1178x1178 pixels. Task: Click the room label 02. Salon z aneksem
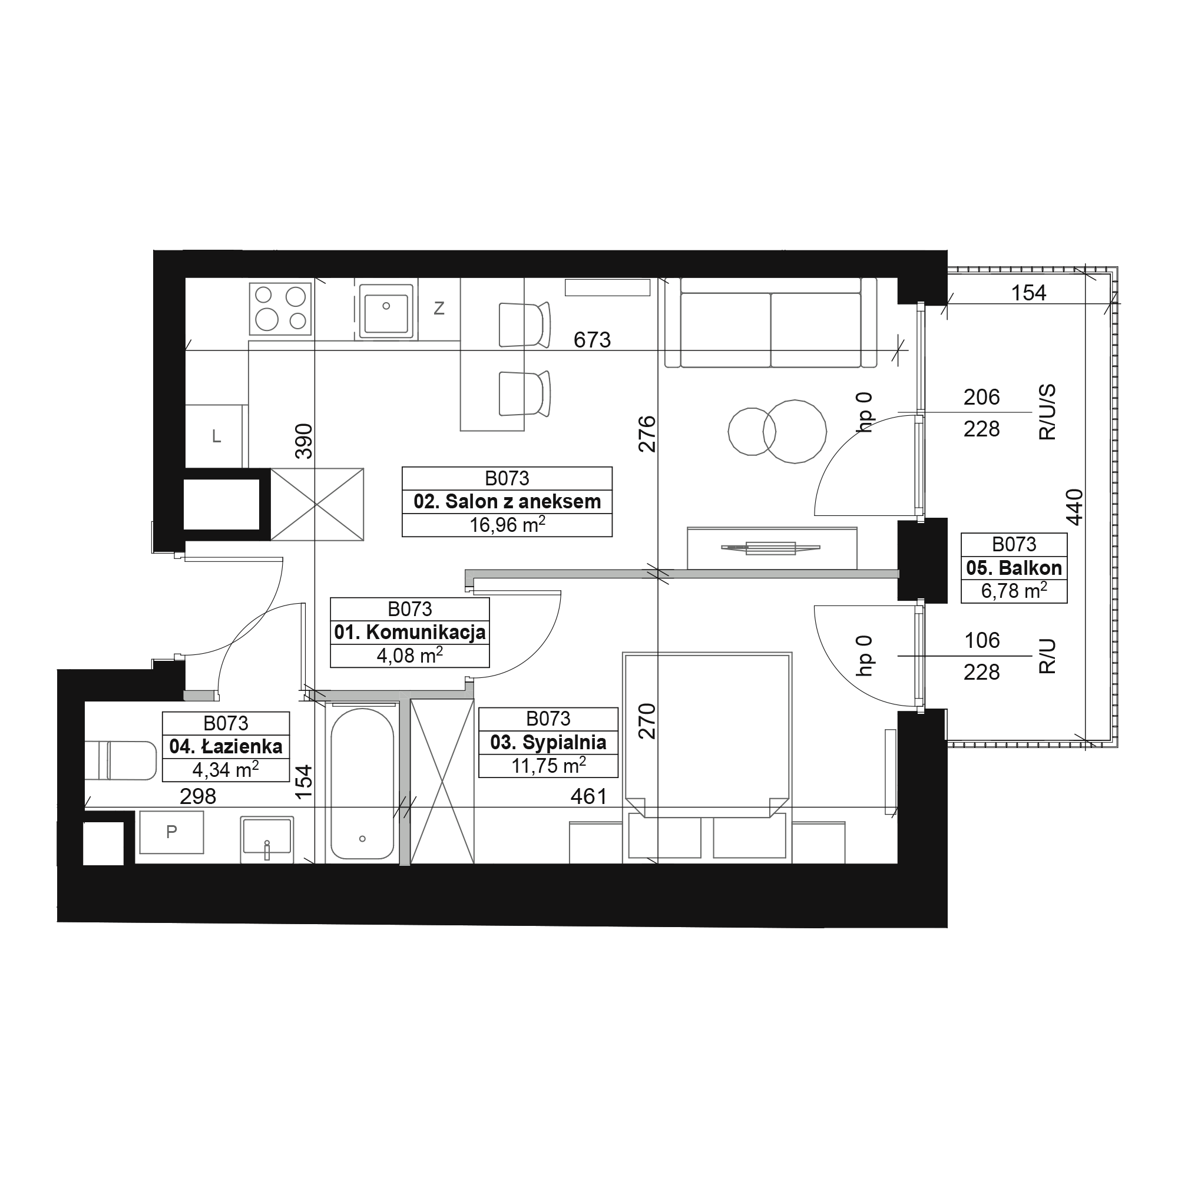pos(507,502)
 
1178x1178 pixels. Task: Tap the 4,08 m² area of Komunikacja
pos(410,656)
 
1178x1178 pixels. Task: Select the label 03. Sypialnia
pos(548,742)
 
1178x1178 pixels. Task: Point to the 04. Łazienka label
pos(226,746)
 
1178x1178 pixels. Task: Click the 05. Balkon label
pos(1014,568)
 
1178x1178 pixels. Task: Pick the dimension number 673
pos(592,340)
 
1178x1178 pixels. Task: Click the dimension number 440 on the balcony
pos(1074,507)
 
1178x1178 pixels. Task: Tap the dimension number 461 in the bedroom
pos(588,796)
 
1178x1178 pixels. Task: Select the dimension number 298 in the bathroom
pos(198,796)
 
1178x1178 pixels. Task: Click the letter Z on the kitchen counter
pos(439,309)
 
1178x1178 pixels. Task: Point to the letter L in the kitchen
pos(216,436)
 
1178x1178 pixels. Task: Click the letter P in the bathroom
pos(171,831)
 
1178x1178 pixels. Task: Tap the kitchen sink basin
pos(386,312)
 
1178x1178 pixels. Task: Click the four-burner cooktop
pos(280,309)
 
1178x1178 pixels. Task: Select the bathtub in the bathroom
pos(362,783)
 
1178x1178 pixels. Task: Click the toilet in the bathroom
pos(121,760)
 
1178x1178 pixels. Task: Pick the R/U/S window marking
pos(1047,412)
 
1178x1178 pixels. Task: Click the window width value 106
pos(982,640)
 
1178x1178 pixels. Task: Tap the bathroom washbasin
pos(267,839)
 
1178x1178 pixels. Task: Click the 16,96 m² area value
pos(507,524)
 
